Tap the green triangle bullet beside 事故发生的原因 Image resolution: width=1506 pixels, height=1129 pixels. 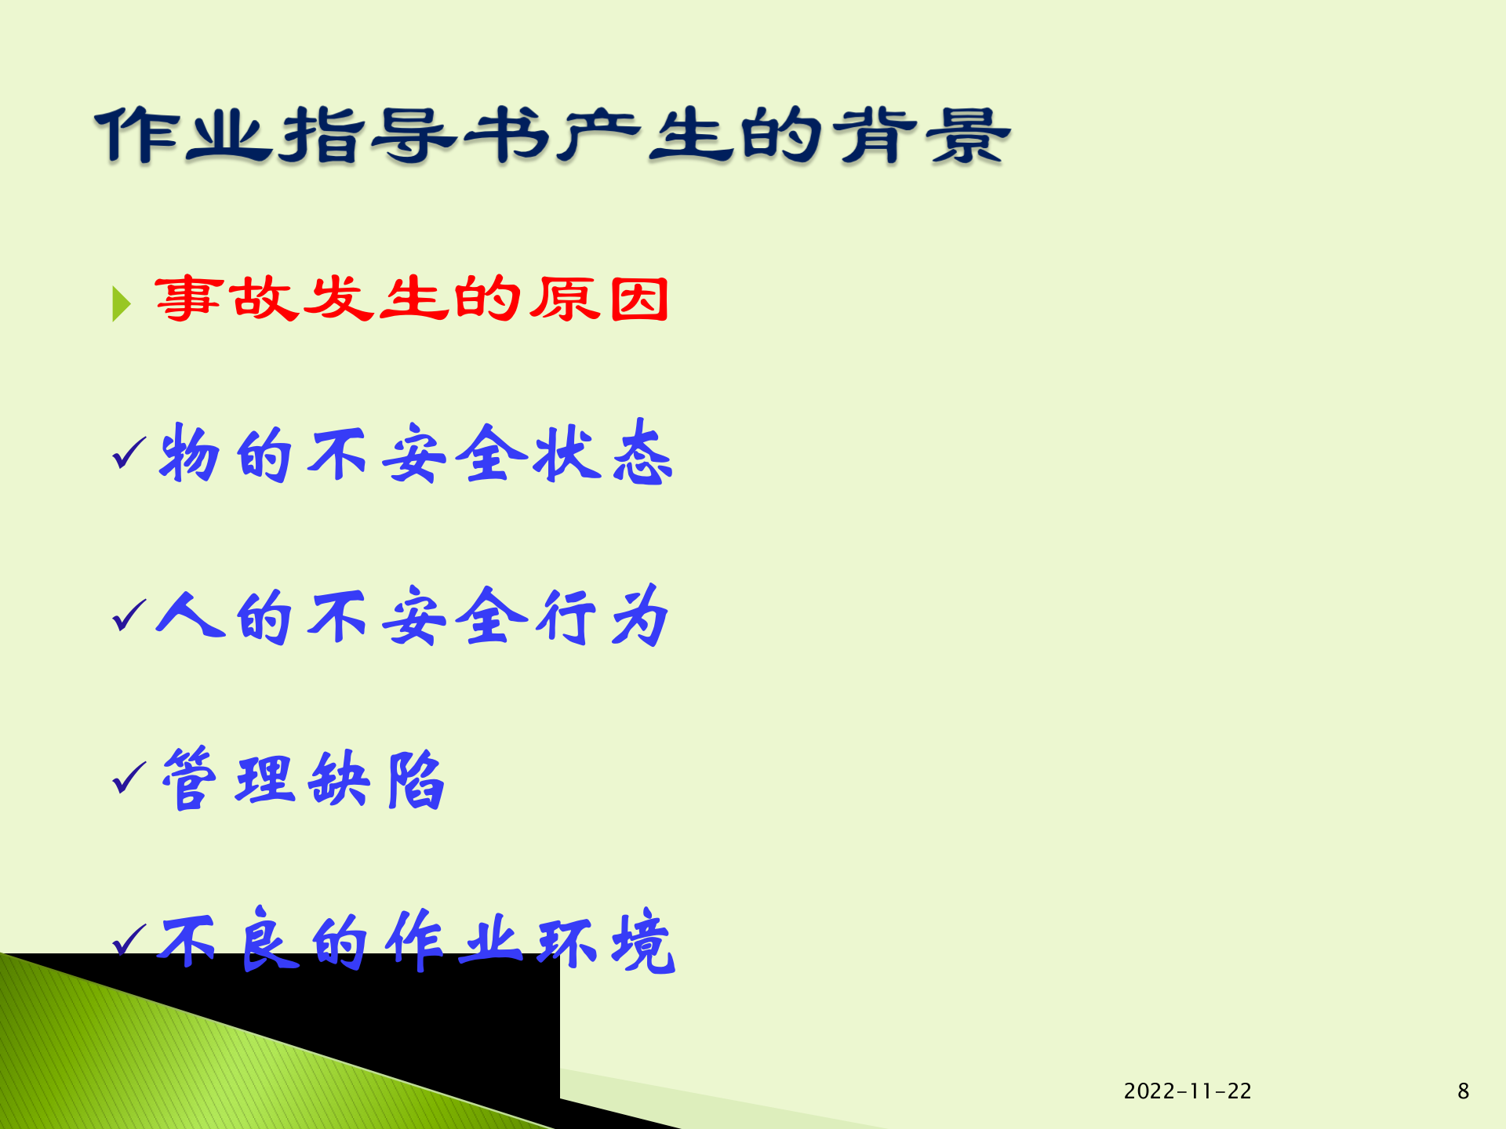click(x=121, y=303)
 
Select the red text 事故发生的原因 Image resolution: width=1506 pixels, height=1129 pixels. click(x=411, y=299)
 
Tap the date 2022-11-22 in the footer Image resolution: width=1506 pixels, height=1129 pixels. click(x=1187, y=1091)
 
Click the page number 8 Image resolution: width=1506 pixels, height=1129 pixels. click(x=1463, y=1091)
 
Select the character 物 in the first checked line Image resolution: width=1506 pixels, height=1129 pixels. click(x=188, y=453)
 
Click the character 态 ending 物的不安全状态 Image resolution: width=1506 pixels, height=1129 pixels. click(x=642, y=453)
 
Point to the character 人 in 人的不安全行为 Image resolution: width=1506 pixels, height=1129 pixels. click(x=188, y=615)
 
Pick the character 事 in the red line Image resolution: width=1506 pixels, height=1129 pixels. click(x=188, y=299)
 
